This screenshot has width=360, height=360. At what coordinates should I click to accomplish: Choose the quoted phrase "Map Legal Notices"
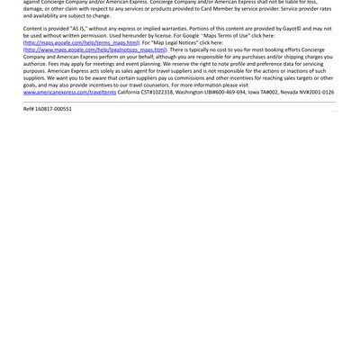(x=176, y=42)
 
